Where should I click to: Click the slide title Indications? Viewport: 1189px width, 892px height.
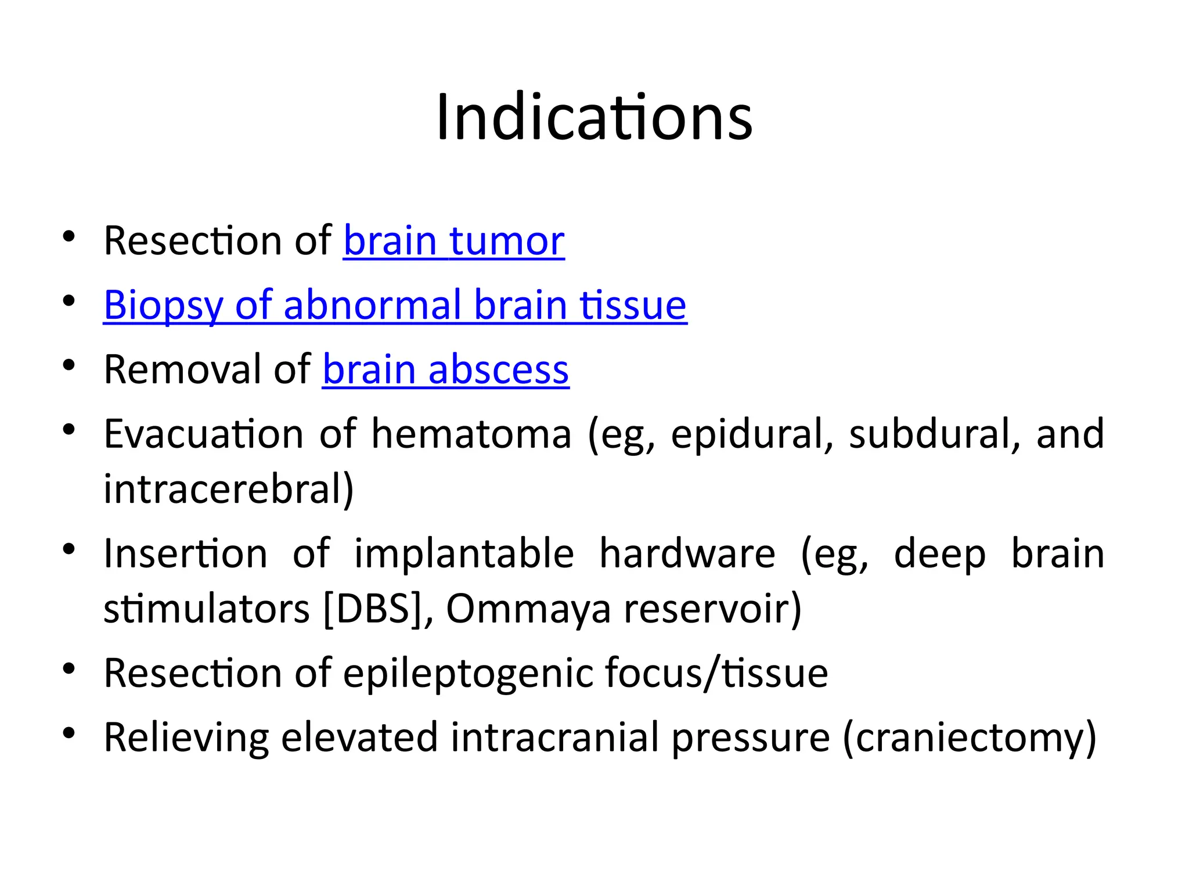(x=594, y=118)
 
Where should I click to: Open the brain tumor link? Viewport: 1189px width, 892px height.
(x=453, y=241)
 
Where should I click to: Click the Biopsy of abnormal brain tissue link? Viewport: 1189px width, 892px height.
(x=395, y=305)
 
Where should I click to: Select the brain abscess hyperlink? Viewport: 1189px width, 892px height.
(x=445, y=369)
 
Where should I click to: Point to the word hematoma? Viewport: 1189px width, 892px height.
(x=471, y=434)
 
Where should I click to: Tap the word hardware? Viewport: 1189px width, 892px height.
(x=687, y=553)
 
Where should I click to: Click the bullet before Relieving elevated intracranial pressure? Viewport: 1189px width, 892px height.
(x=69, y=733)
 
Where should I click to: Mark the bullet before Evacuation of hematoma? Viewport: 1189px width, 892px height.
(x=69, y=430)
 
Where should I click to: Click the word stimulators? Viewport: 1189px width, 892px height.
(x=207, y=609)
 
